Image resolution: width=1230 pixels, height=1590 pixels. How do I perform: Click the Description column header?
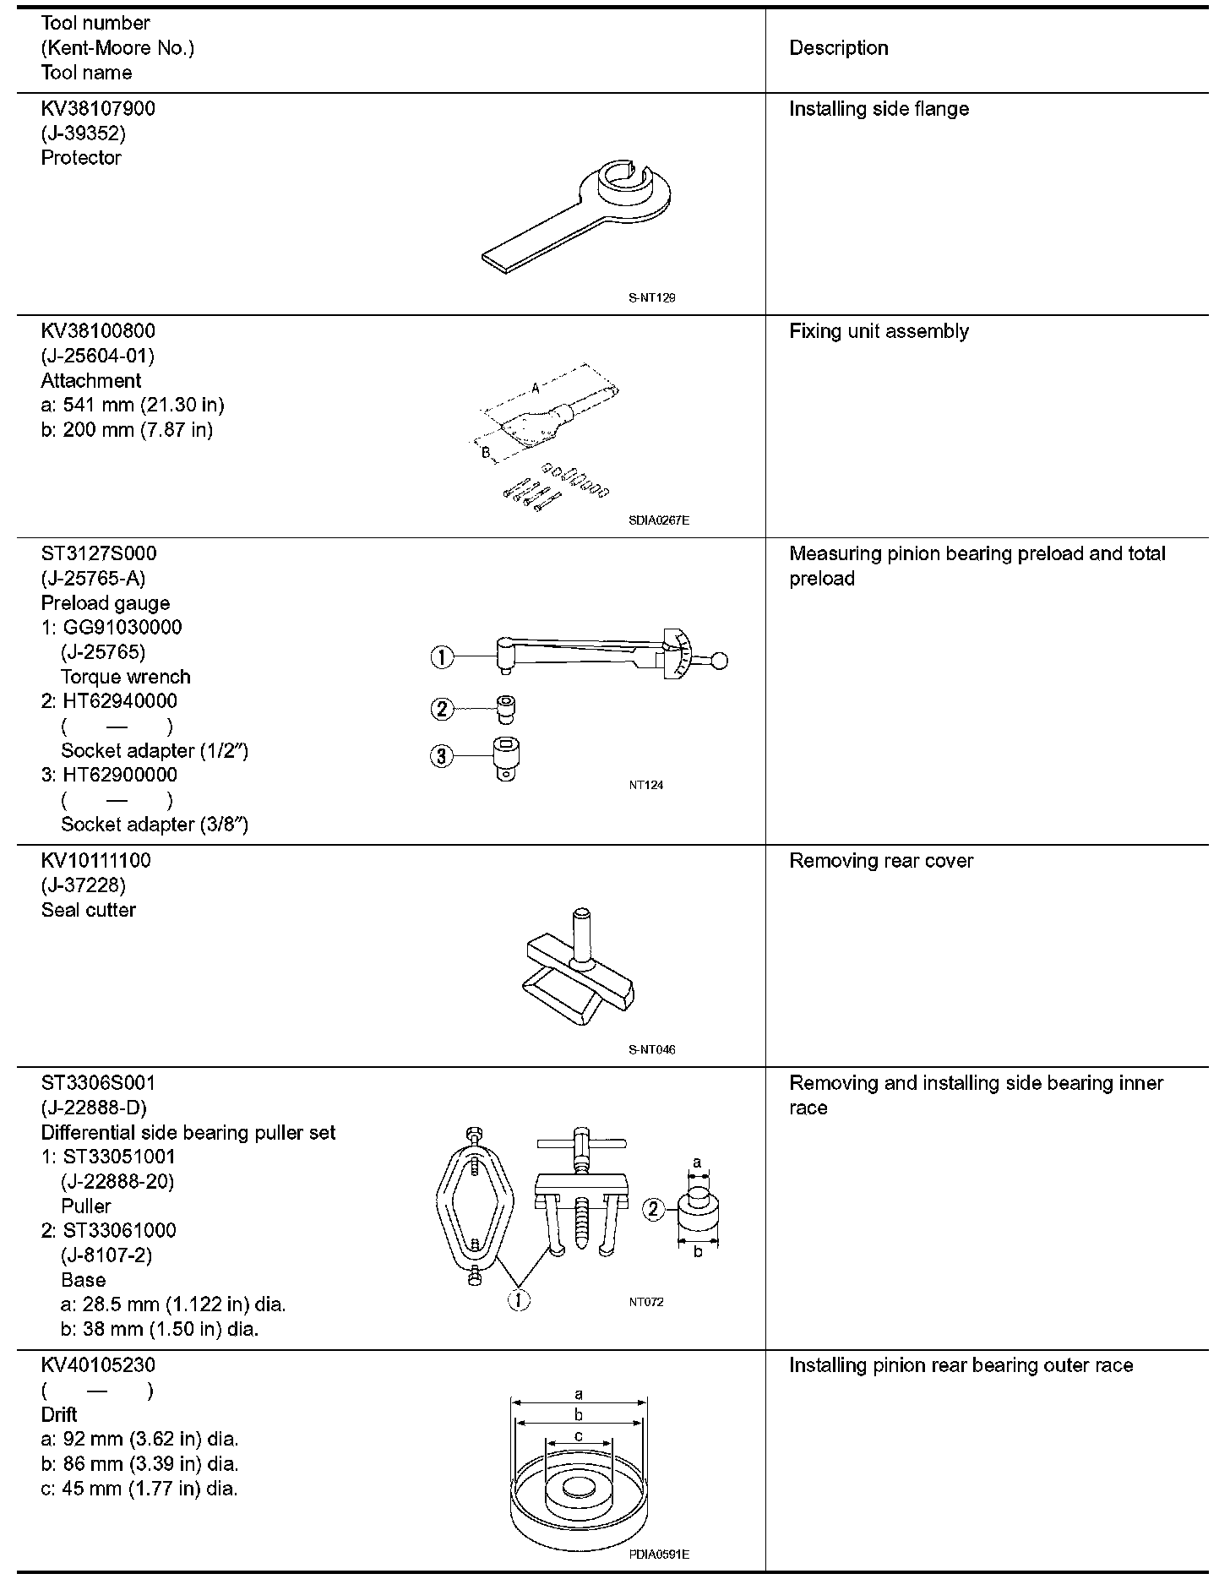(x=838, y=48)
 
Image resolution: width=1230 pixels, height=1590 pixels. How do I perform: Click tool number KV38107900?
(x=98, y=109)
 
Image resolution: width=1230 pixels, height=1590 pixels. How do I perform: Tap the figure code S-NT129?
(x=651, y=297)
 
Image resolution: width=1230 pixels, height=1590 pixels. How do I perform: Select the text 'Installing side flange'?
(x=879, y=109)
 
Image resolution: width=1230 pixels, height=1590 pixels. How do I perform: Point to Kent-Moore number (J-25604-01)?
(x=98, y=356)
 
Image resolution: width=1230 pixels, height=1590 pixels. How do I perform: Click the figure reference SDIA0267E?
(x=658, y=520)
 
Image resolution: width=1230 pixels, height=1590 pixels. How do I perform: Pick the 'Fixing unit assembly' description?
(x=879, y=331)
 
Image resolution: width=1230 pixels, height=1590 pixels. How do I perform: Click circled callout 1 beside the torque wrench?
(x=442, y=656)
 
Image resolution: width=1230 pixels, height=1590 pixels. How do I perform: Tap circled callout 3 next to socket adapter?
(x=442, y=755)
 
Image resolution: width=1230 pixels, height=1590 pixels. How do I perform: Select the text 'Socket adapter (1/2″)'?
(x=155, y=750)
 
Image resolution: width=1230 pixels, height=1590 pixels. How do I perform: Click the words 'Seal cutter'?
(x=88, y=910)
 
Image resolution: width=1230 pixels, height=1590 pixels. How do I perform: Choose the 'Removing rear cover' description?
(x=880, y=861)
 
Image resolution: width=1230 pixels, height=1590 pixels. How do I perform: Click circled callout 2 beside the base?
(x=653, y=1210)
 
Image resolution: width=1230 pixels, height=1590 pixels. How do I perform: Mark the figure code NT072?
(x=645, y=1302)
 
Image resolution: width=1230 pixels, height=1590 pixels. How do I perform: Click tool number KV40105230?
(x=98, y=1365)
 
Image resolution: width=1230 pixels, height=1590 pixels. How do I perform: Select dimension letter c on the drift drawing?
(x=578, y=1435)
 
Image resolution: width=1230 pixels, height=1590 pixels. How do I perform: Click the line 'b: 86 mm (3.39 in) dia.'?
(x=139, y=1463)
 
